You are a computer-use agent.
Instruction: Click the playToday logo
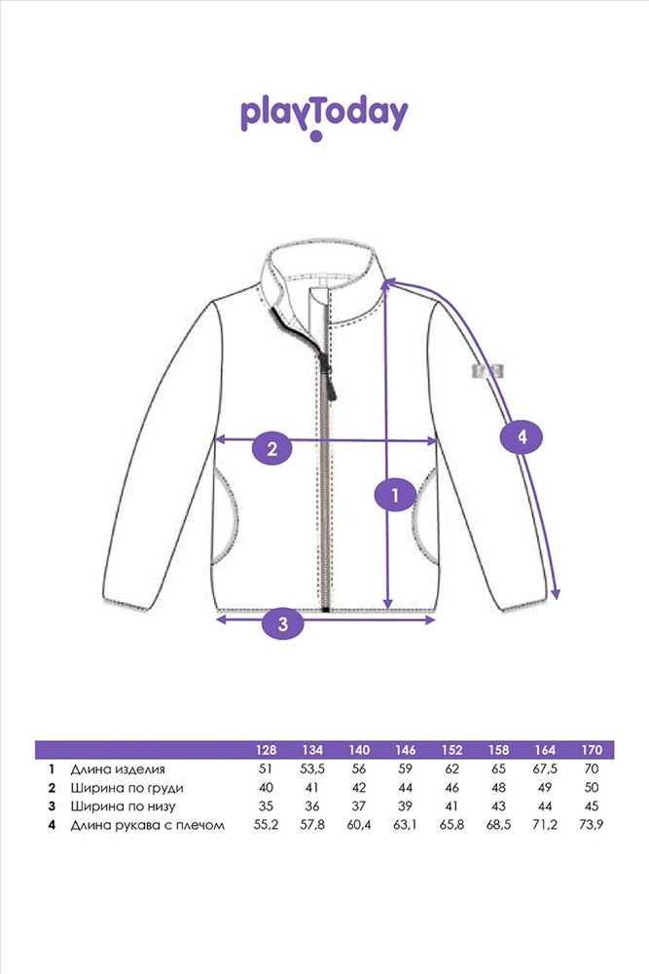point(324,118)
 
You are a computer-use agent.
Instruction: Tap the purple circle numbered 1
point(395,495)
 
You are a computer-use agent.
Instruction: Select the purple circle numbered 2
point(271,448)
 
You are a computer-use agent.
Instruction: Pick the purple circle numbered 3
point(283,622)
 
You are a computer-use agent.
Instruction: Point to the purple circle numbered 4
point(522,437)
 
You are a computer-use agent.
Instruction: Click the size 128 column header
point(266,750)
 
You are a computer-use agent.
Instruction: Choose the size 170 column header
point(592,750)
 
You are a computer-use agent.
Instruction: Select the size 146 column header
point(405,750)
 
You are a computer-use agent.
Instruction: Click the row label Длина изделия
point(118,769)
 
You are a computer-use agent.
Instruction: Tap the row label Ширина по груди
point(126,788)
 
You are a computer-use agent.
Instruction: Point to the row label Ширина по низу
point(123,806)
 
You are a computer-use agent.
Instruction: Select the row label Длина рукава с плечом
point(147,826)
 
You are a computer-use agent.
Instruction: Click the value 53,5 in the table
point(312,769)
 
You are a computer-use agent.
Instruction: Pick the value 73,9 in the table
point(592,825)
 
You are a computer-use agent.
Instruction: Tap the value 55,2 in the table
point(266,825)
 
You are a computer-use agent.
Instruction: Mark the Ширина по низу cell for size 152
point(451,806)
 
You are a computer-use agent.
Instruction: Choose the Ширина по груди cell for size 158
point(498,788)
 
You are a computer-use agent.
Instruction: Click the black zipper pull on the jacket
point(330,380)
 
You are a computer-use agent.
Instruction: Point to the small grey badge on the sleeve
point(487,371)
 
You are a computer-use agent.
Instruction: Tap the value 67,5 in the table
point(545,769)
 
